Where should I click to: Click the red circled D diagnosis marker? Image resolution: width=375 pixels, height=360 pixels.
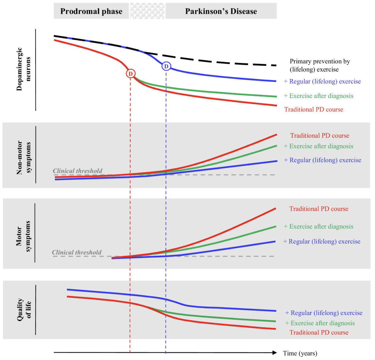130,73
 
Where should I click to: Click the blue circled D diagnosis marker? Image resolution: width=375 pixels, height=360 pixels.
166,66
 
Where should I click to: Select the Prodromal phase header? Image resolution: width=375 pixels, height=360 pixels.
91,11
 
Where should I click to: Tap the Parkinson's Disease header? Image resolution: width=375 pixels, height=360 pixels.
221,11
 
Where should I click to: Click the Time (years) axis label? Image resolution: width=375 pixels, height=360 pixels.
300,353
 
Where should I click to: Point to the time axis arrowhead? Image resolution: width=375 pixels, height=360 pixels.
274,353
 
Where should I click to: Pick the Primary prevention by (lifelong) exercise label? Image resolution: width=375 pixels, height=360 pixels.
319,65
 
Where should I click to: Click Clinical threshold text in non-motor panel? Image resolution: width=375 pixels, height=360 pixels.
78,171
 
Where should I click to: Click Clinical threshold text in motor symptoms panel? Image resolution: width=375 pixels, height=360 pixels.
77,252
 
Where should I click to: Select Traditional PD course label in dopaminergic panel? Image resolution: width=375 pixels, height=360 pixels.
313,109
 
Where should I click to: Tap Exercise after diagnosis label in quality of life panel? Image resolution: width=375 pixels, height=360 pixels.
320,323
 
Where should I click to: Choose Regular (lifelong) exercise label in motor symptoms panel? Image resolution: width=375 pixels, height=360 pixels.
322,241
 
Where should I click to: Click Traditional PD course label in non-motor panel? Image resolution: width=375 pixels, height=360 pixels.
320,136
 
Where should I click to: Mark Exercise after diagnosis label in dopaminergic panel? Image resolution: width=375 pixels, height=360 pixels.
319,96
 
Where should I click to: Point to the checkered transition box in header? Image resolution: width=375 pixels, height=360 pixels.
147,11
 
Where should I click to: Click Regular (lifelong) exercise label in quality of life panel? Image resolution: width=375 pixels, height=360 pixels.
324,313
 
